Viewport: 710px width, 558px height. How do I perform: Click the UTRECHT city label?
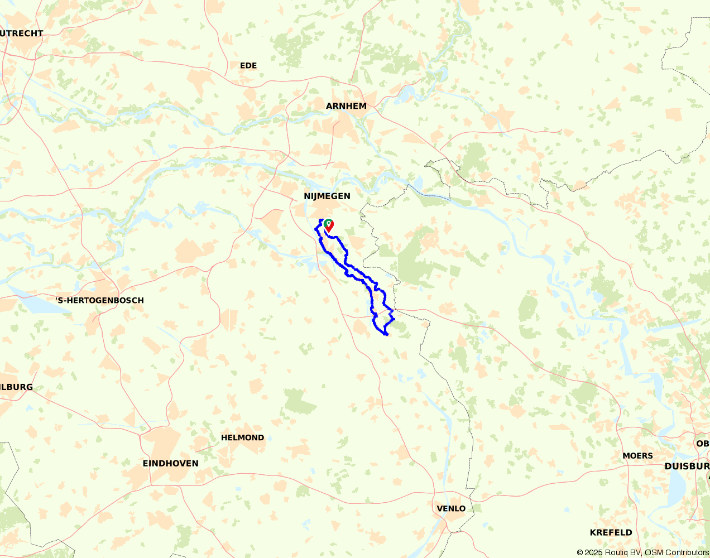(22, 33)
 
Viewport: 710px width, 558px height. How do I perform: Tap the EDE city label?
(248, 66)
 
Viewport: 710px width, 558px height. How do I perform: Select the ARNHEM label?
(346, 106)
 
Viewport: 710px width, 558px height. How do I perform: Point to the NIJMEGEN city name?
(327, 196)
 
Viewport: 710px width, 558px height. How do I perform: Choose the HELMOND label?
(242, 438)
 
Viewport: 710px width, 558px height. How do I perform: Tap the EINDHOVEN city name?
(170, 464)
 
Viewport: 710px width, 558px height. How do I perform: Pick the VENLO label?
(451, 509)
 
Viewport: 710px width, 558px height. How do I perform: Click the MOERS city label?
(637, 456)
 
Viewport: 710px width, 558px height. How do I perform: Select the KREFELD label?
(611, 532)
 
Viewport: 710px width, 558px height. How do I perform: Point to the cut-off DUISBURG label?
(687, 466)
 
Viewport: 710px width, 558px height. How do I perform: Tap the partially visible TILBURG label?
(16, 387)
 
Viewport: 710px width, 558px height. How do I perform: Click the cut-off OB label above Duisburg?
(702, 444)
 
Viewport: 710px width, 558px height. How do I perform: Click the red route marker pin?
(329, 225)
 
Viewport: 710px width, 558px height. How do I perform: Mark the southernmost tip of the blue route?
(386, 334)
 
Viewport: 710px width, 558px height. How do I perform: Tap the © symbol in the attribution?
(580, 552)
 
